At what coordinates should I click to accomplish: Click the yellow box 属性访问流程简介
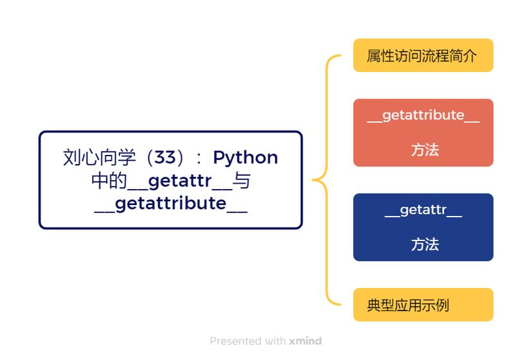pos(423,55)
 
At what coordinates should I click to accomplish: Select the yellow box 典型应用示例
pos(423,305)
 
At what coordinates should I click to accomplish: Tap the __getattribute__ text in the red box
pos(423,116)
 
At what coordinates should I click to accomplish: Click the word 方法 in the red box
pos(425,150)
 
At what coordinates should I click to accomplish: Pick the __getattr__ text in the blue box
pos(423,211)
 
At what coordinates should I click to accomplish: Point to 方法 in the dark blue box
pos(425,245)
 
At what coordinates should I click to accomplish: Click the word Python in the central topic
pos(245,157)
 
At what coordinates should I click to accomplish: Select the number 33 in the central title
pos(165,157)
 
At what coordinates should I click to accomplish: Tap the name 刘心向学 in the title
pos(100,157)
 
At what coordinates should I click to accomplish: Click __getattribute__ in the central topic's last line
pos(170,204)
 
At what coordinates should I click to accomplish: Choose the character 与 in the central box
pos(242,181)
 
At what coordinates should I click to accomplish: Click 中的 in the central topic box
pos(109,181)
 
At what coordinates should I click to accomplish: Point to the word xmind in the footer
pos(305,341)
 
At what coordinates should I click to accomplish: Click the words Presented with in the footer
pos(247,341)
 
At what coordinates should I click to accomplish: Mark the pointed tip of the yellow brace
pos(314,180)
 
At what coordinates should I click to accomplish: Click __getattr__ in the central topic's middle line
pos(179,181)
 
